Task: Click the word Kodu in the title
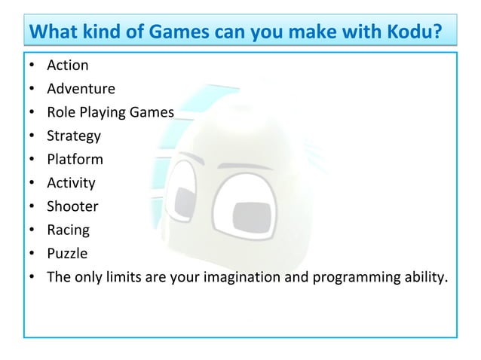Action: pos(411,32)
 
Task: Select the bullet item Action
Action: pos(67,66)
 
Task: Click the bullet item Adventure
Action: pos(81,89)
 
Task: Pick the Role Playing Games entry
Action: pos(110,112)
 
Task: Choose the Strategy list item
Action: pos(73,136)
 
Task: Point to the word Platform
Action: pos(75,160)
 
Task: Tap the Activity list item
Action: pos(71,183)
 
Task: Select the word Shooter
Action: pos(72,206)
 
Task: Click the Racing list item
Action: pos(68,230)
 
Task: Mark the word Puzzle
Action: pos(67,253)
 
